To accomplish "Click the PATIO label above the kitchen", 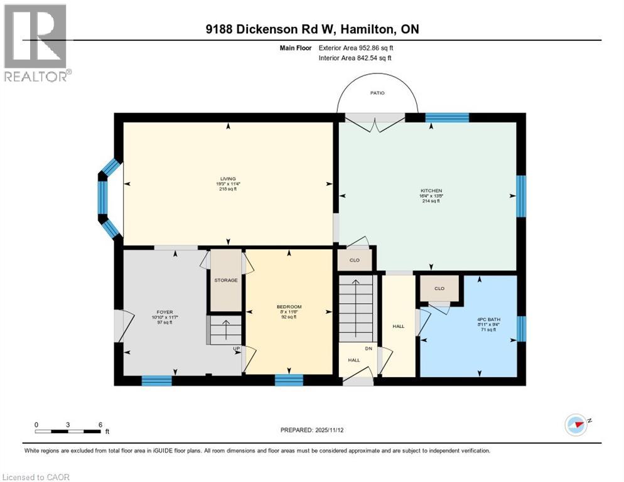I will (377, 93).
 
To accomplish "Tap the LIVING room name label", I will (227, 179).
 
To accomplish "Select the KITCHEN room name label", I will (431, 191).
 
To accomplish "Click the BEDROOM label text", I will (289, 307).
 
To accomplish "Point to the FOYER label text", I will (164, 312).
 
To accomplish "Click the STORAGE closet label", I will (225, 280).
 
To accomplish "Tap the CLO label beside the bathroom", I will (439, 289).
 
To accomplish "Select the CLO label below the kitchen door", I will (354, 259).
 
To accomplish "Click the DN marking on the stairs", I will (369, 349).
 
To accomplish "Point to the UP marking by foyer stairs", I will (237, 348).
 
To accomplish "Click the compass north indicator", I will (576, 424).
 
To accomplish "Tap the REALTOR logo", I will (36, 43).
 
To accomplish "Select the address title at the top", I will (312, 29).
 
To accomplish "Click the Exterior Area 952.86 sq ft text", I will (360, 48).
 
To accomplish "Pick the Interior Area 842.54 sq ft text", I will (360, 58).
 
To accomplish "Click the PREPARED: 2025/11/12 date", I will (313, 430).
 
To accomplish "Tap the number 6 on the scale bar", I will (100, 424).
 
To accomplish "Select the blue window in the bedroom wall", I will (289, 380).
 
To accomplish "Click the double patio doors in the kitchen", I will (375, 122).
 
